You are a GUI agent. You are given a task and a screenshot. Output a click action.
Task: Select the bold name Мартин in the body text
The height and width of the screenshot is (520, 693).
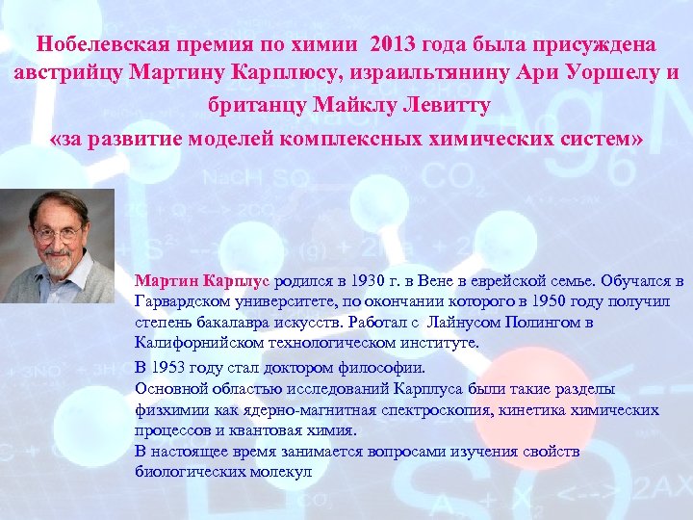(x=167, y=281)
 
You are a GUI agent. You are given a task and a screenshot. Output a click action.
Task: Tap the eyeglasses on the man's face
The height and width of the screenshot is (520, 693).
(x=58, y=232)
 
